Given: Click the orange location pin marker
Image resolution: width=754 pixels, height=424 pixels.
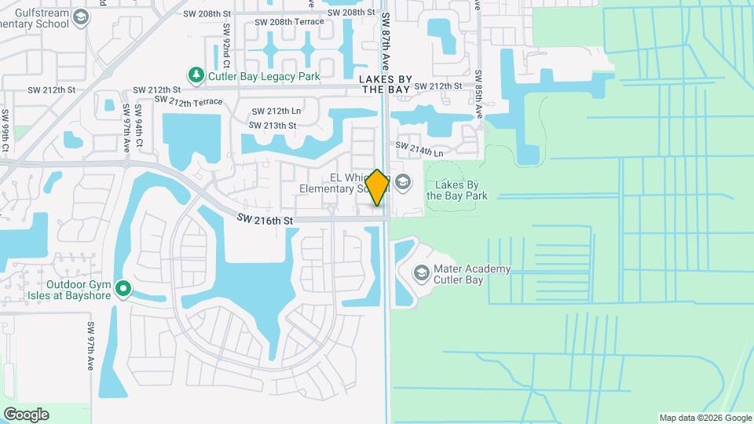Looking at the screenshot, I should pyautogui.click(x=377, y=188).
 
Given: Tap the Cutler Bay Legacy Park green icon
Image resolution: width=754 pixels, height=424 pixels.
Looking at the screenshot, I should pyautogui.click(x=196, y=75).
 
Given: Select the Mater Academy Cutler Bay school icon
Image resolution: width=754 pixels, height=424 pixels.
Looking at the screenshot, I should pyautogui.click(x=421, y=273).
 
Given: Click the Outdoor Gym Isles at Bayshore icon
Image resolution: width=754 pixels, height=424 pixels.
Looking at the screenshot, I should pyautogui.click(x=123, y=290).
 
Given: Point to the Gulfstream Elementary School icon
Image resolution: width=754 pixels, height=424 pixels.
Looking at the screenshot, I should pyautogui.click(x=80, y=17).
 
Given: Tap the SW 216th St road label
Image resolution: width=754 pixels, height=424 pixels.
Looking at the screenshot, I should pyautogui.click(x=264, y=221).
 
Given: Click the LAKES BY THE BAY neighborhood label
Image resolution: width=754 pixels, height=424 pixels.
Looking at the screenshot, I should pyautogui.click(x=385, y=85).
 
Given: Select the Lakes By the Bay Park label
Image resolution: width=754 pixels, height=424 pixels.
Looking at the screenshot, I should pyautogui.click(x=457, y=191).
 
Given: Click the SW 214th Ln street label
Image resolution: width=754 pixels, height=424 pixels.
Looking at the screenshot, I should pyautogui.click(x=419, y=148).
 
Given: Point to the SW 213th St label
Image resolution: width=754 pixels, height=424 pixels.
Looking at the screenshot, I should pyautogui.click(x=273, y=126).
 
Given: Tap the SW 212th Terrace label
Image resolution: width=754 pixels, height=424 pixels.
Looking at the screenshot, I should pyautogui.click(x=188, y=101).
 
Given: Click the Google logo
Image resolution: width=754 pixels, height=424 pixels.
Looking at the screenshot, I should pyautogui.click(x=26, y=415).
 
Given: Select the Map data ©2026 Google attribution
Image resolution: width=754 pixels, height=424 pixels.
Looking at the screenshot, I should pyautogui.click(x=705, y=418).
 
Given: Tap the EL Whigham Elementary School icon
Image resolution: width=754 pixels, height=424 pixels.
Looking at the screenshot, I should pyautogui.click(x=403, y=183).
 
